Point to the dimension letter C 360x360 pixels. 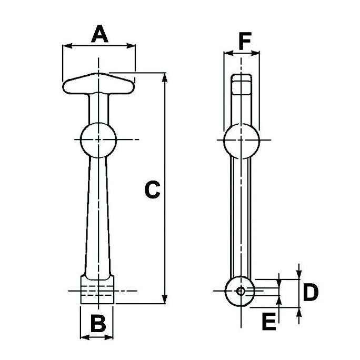(152, 190)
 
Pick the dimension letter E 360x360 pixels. (269, 322)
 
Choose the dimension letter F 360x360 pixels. (242, 41)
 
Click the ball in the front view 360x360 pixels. (97, 139)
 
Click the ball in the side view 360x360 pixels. (242, 140)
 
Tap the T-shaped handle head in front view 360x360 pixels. (98, 84)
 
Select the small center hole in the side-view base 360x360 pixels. (241, 291)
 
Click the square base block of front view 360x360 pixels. (97, 290)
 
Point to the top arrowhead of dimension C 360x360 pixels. (166, 78)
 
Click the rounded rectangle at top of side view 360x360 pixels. (242, 85)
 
